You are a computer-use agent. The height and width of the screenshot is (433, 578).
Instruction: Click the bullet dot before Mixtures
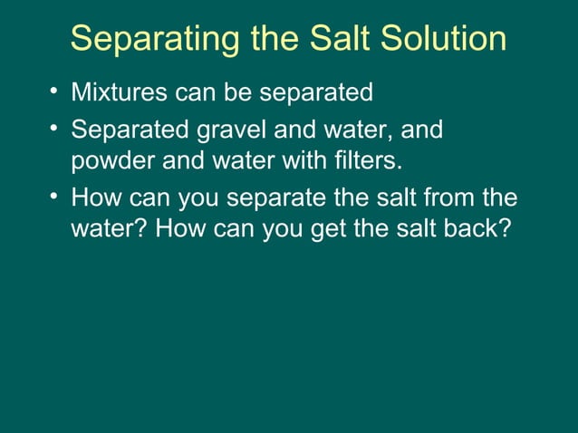[x=54, y=91]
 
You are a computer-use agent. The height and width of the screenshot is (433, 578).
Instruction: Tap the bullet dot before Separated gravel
[x=54, y=130]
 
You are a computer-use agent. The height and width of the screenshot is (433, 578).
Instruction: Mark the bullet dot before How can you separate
[x=54, y=196]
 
